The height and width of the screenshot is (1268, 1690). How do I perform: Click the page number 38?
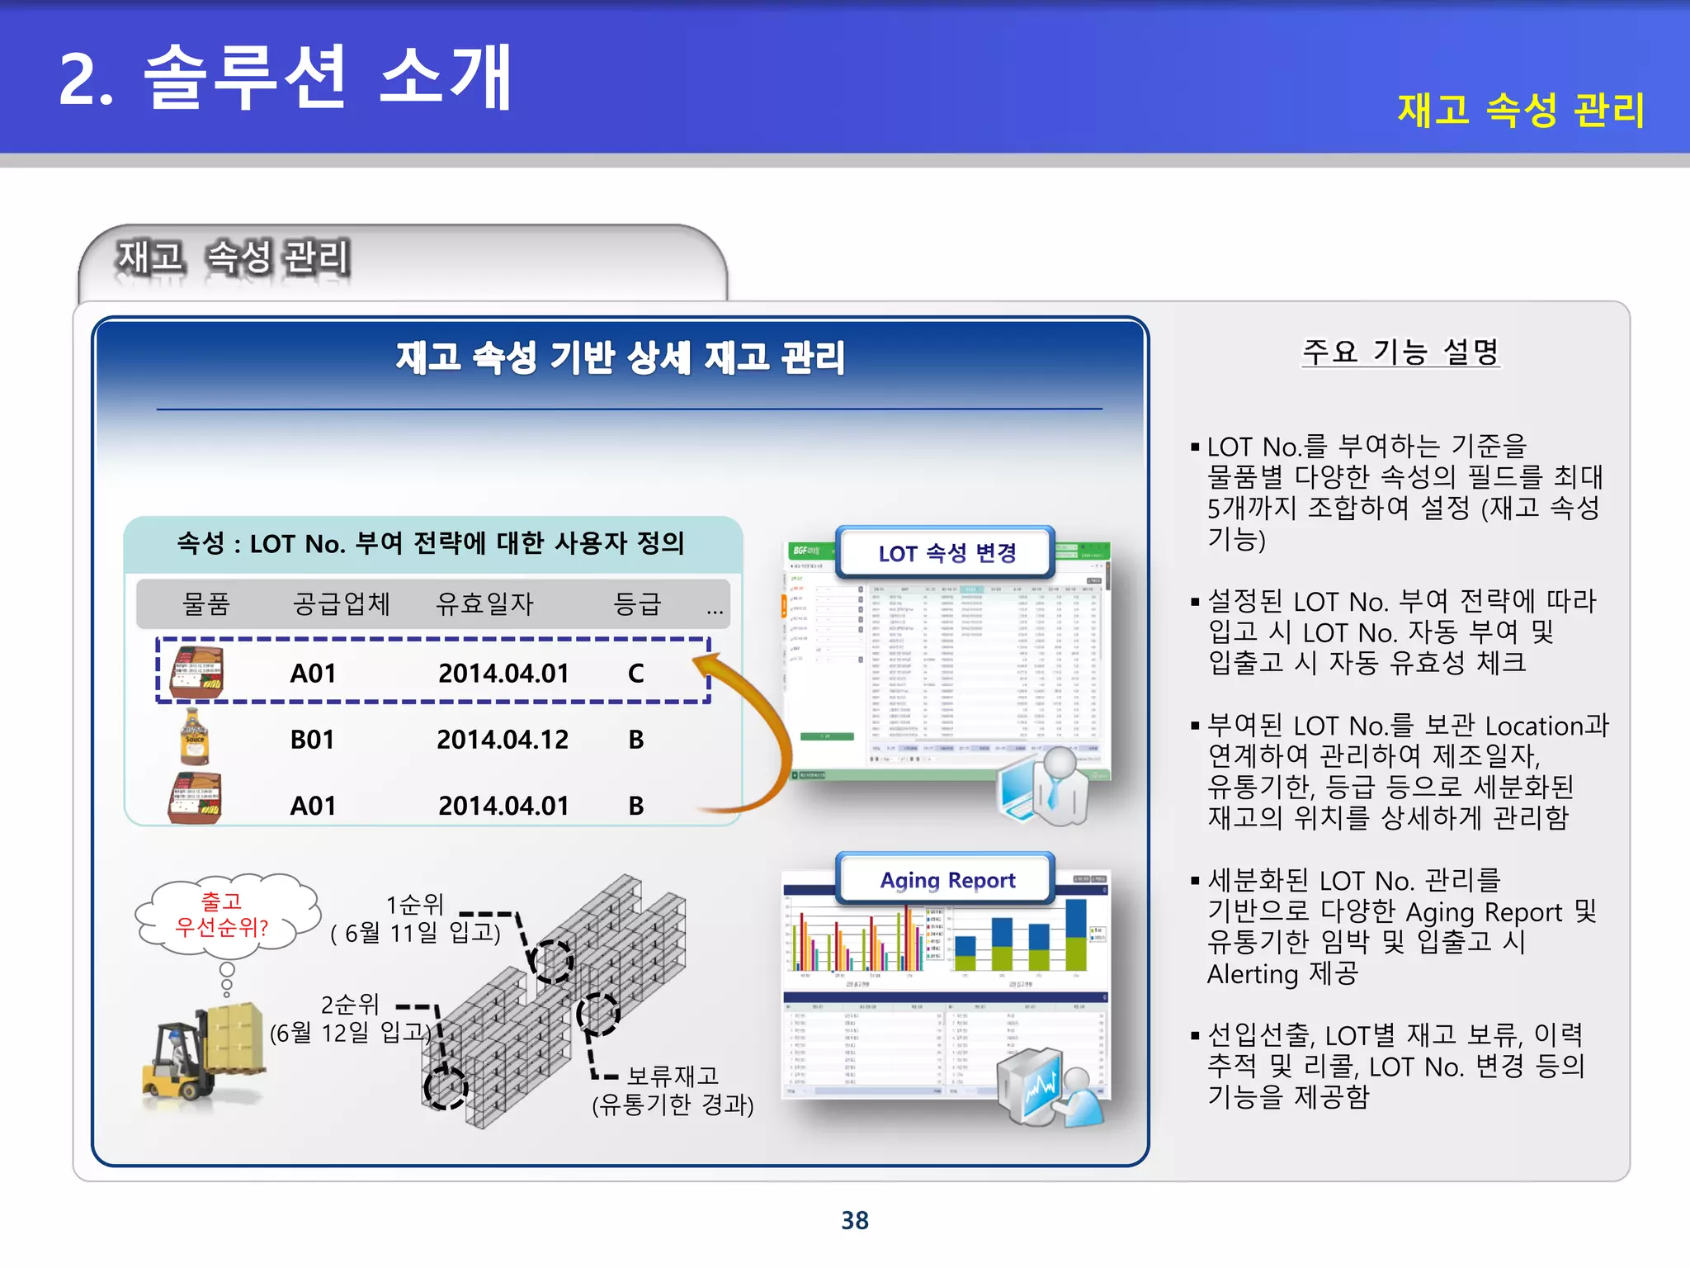[854, 1220]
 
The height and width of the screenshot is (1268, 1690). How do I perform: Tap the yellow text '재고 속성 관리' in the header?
[1521, 110]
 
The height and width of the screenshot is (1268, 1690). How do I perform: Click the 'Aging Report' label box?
[946, 880]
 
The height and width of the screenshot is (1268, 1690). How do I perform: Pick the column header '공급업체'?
[341, 603]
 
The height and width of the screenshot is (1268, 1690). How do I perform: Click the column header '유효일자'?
[484, 603]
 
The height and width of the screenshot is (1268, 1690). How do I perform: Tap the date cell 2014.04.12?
[502, 740]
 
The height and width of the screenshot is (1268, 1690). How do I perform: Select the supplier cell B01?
[312, 740]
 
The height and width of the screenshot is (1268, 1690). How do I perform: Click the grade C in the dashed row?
[635, 674]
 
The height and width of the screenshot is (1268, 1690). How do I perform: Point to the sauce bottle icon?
[195, 736]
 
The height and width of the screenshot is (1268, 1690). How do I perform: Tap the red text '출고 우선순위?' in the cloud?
[222, 915]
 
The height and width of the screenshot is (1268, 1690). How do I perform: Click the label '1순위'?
[414, 904]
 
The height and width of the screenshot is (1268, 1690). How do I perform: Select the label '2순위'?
[350, 1005]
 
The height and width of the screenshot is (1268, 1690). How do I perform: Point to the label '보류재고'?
[673, 1076]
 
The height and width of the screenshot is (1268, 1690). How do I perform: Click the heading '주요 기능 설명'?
[1400, 352]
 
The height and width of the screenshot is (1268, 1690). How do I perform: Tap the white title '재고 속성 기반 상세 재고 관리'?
[621, 357]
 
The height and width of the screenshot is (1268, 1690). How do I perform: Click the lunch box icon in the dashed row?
[196, 672]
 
